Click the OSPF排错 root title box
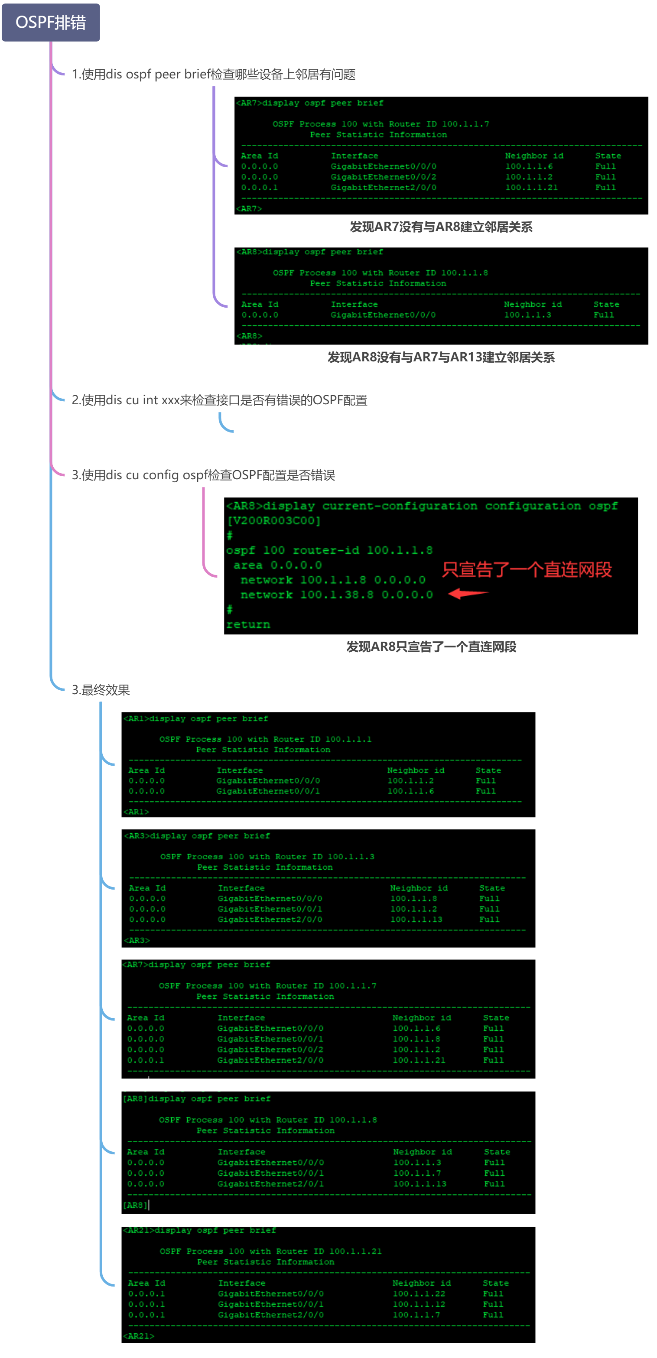(51, 23)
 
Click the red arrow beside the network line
(468, 594)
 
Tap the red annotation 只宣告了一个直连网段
(527, 570)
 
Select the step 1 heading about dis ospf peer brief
(213, 75)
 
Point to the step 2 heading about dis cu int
(219, 400)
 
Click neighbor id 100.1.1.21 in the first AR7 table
(531, 188)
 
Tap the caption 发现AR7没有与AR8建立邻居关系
(441, 227)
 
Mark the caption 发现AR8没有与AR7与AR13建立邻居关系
(441, 357)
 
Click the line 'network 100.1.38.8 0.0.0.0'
(336, 595)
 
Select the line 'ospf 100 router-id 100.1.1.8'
(329, 550)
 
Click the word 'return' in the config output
(248, 624)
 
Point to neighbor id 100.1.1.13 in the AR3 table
(416, 919)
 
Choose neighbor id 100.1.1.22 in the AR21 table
(419, 1294)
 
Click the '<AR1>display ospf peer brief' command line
(195, 718)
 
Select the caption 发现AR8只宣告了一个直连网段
(431, 647)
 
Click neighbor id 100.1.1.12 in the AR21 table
(419, 1304)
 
